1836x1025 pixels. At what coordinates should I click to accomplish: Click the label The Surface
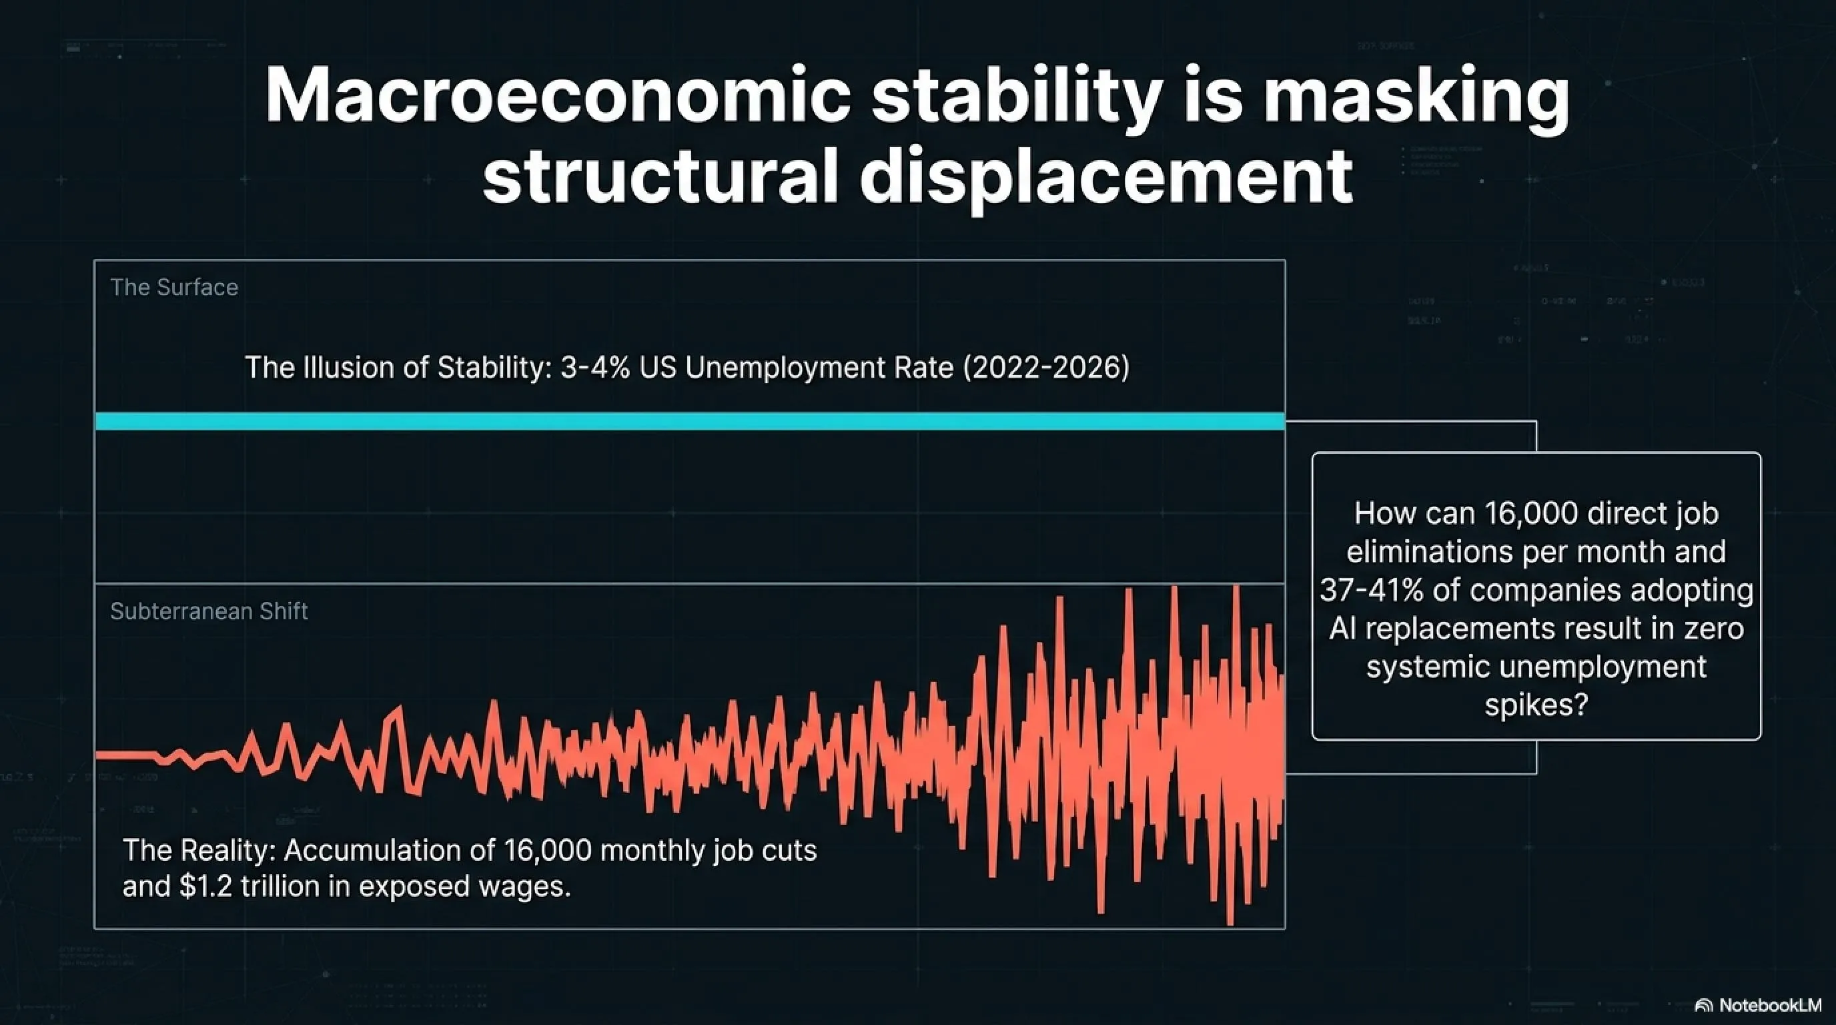tap(174, 287)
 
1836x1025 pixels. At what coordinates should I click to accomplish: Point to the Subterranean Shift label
tap(209, 611)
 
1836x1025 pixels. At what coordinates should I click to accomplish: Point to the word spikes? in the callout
tap(1536, 705)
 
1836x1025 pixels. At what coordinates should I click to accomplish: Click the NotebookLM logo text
tap(1770, 1005)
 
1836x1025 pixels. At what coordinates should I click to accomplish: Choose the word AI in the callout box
tap(1343, 629)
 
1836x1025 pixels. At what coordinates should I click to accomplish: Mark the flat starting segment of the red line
tap(127, 755)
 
